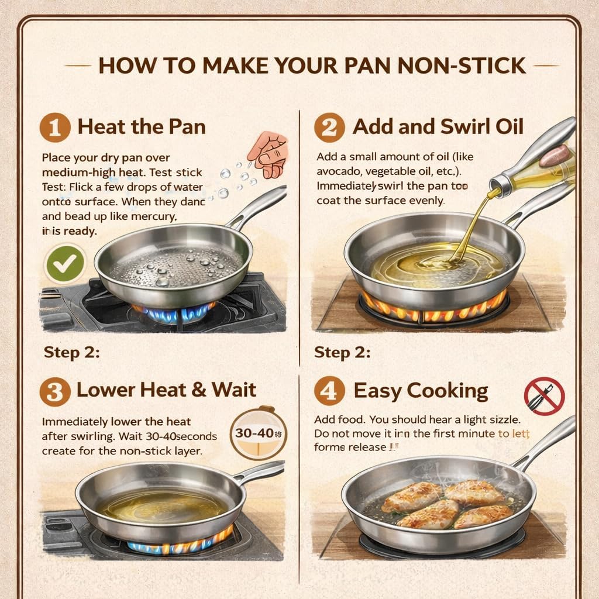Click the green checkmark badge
65,264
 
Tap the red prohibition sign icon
544,396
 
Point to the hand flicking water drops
267,153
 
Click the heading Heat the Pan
142,127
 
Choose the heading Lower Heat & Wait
166,390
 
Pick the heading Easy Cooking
421,390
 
